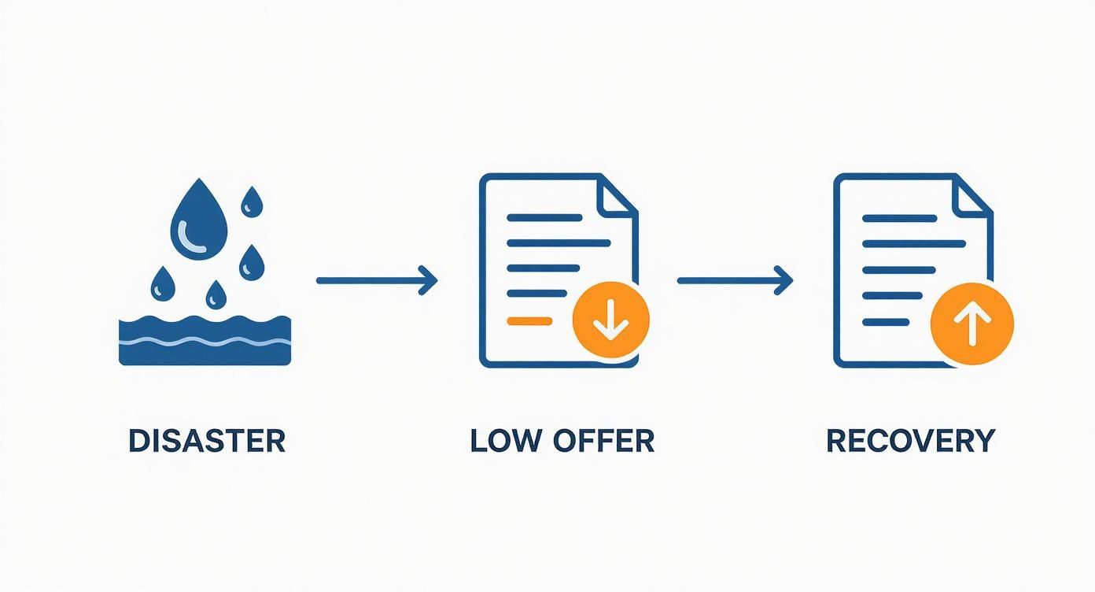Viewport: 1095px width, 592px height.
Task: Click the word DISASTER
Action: coord(207,441)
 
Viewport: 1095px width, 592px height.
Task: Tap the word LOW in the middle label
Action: coord(506,441)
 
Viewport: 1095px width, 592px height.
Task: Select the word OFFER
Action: coord(603,441)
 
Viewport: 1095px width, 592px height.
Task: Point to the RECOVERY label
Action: coord(911,441)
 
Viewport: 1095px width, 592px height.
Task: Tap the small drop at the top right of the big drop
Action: coord(252,202)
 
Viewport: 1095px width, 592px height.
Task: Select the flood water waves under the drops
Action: coord(205,341)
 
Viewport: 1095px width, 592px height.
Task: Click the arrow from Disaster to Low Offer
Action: coord(377,280)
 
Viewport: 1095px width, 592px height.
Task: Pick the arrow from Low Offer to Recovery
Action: coord(735,280)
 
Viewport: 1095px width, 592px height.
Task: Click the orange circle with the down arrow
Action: coord(611,320)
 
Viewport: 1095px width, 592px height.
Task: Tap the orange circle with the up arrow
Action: coord(971,324)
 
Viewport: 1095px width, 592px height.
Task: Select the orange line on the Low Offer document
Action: coord(529,321)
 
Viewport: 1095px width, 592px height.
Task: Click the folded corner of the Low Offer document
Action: coord(617,194)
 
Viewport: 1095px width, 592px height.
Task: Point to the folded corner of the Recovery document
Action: coord(971,194)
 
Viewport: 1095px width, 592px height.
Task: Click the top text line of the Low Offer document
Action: coord(544,218)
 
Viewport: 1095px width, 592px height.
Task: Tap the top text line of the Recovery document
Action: coord(899,218)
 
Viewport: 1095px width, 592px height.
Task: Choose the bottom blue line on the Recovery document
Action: coord(886,322)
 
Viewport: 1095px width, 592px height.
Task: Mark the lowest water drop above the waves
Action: coord(216,295)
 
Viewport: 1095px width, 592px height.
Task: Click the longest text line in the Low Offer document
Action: coord(559,242)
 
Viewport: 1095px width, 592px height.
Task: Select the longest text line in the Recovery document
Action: coord(914,244)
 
